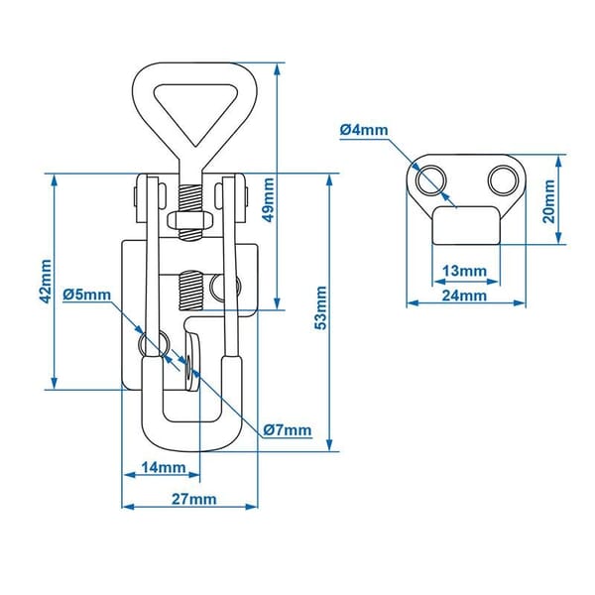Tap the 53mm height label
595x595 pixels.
(319, 309)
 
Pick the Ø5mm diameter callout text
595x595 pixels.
(86, 295)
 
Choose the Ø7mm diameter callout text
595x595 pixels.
(288, 430)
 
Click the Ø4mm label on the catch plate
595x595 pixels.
(365, 129)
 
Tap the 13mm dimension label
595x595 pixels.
(464, 270)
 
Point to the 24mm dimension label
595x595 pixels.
(464, 295)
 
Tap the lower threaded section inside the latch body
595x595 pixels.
(190, 290)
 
